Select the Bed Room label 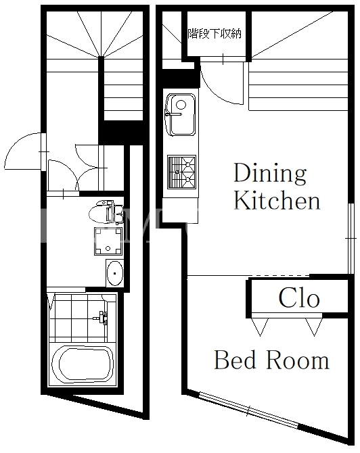(x=271, y=360)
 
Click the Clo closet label (x=299, y=297)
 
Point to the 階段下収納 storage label (x=215, y=34)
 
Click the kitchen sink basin (x=180, y=114)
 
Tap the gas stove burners (x=181, y=172)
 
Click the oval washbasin (x=115, y=273)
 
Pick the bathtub (x=83, y=364)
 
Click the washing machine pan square (x=108, y=241)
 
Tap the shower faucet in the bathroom (x=102, y=318)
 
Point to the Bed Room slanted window (x=249, y=410)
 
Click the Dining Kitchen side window (x=351, y=239)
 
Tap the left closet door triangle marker (x=260, y=327)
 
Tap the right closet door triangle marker (x=314, y=327)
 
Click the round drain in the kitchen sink (x=181, y=105)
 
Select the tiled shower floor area (x=78, y=318)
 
